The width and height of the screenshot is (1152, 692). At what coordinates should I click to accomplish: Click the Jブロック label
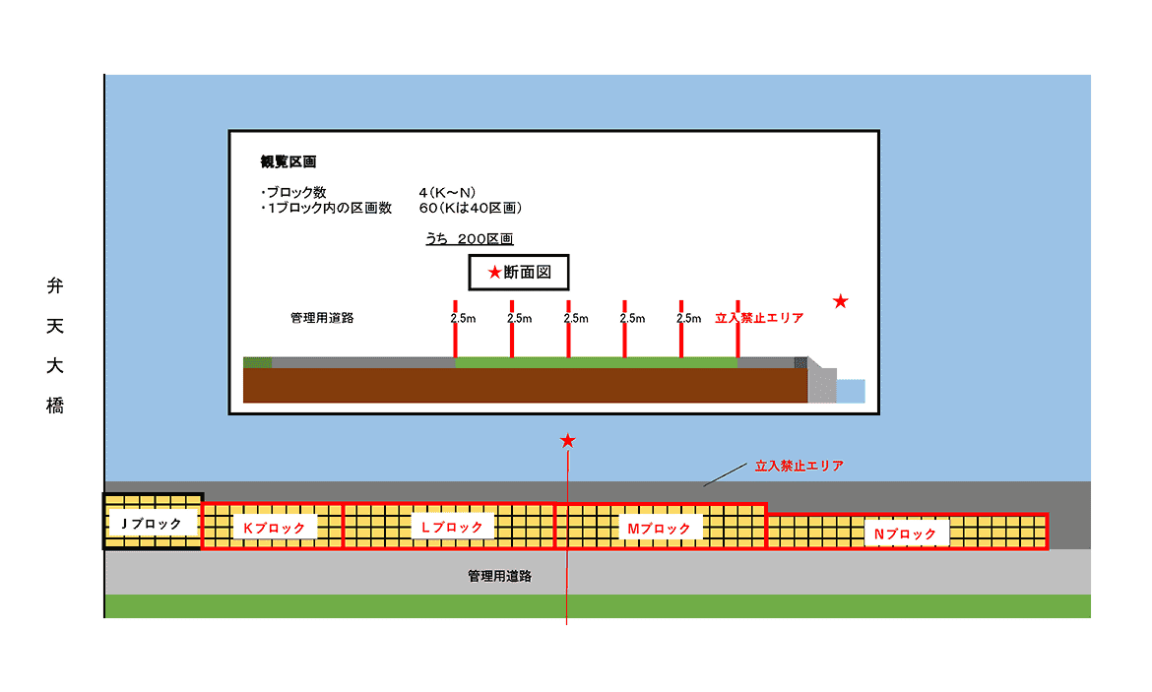click(152, 524)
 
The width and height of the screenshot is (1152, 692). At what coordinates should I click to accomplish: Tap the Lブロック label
click(452, 528)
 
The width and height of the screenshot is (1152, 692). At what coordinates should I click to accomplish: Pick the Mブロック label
click(659, 529)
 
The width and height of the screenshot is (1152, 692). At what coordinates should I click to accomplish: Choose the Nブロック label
click(905, 534)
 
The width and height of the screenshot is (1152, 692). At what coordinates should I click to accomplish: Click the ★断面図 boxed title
click(519, 273)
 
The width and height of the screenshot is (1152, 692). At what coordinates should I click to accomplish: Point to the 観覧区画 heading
click(288, 161)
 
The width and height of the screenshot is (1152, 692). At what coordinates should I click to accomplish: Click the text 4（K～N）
click(447, 192)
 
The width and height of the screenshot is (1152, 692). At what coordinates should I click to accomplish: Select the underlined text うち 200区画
click(469, 239)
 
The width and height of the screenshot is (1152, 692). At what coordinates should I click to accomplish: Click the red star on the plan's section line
click(567, 441)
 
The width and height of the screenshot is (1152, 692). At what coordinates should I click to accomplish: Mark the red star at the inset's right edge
click(840, 301)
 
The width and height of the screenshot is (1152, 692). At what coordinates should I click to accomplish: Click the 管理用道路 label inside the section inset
click(322, 318)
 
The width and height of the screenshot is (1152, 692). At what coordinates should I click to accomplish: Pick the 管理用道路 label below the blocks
click(500, 576)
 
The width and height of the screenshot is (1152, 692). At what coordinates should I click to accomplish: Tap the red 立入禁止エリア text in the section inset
click(759, 318)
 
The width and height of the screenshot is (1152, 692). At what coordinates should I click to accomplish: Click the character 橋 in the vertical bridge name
click(55, 406)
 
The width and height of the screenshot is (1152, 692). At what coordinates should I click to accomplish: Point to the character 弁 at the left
click(55, 287)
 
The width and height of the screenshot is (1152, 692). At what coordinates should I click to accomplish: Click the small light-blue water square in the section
click(851, 391)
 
